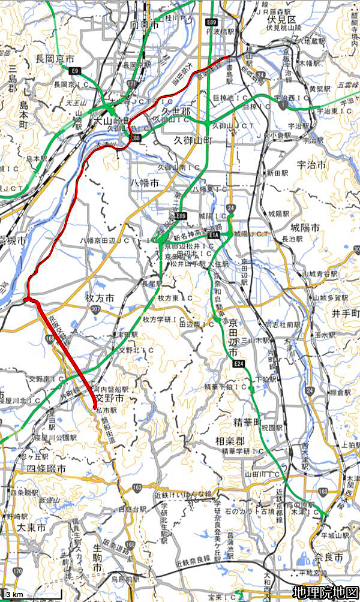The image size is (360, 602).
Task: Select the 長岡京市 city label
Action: point(55,59)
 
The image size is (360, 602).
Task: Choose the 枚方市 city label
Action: point(100,297)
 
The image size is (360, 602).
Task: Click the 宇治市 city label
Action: point(311,164)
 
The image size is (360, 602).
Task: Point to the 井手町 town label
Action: point(345,314)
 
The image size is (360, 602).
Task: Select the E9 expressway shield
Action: point(75,71)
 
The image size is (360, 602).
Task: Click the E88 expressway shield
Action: point(135,138)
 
